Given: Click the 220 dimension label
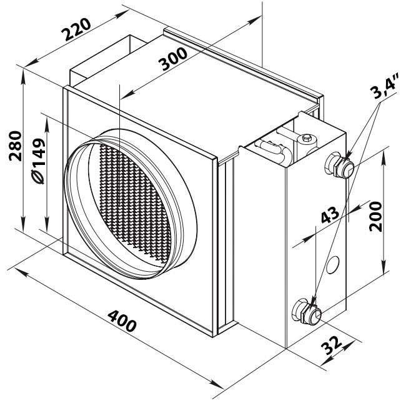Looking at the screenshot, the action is click(x=76, y=29).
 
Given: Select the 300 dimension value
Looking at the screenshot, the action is click(x=172, y=59).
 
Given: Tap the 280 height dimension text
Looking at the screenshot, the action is click(x=15, y=146).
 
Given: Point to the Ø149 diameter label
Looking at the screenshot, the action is click(x=38, y=161).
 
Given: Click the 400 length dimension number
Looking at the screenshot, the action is click(x=122, y=321).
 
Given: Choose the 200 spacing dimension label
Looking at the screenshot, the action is click(x=375, y=217).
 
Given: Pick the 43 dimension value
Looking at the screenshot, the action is click(x=330, y=215).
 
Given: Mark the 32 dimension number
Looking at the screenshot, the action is click(x=332, y=346).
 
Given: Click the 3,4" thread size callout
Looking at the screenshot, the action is click(x=384, y=86).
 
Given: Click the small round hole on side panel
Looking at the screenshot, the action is click(x=333, y=265).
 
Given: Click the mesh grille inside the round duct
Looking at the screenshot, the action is click(x=135, y=202).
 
